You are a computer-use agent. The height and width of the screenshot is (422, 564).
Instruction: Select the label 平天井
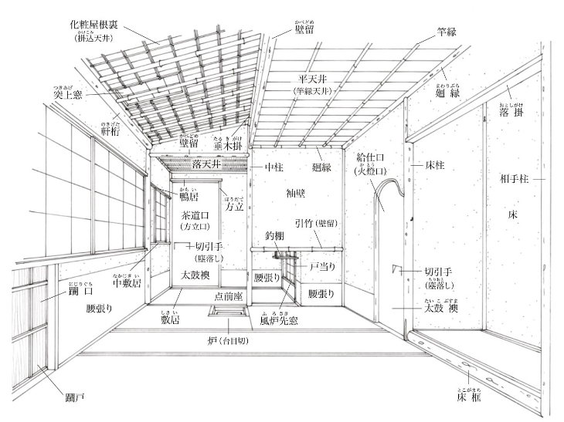316,79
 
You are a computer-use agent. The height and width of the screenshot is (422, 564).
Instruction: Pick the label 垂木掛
230,143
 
